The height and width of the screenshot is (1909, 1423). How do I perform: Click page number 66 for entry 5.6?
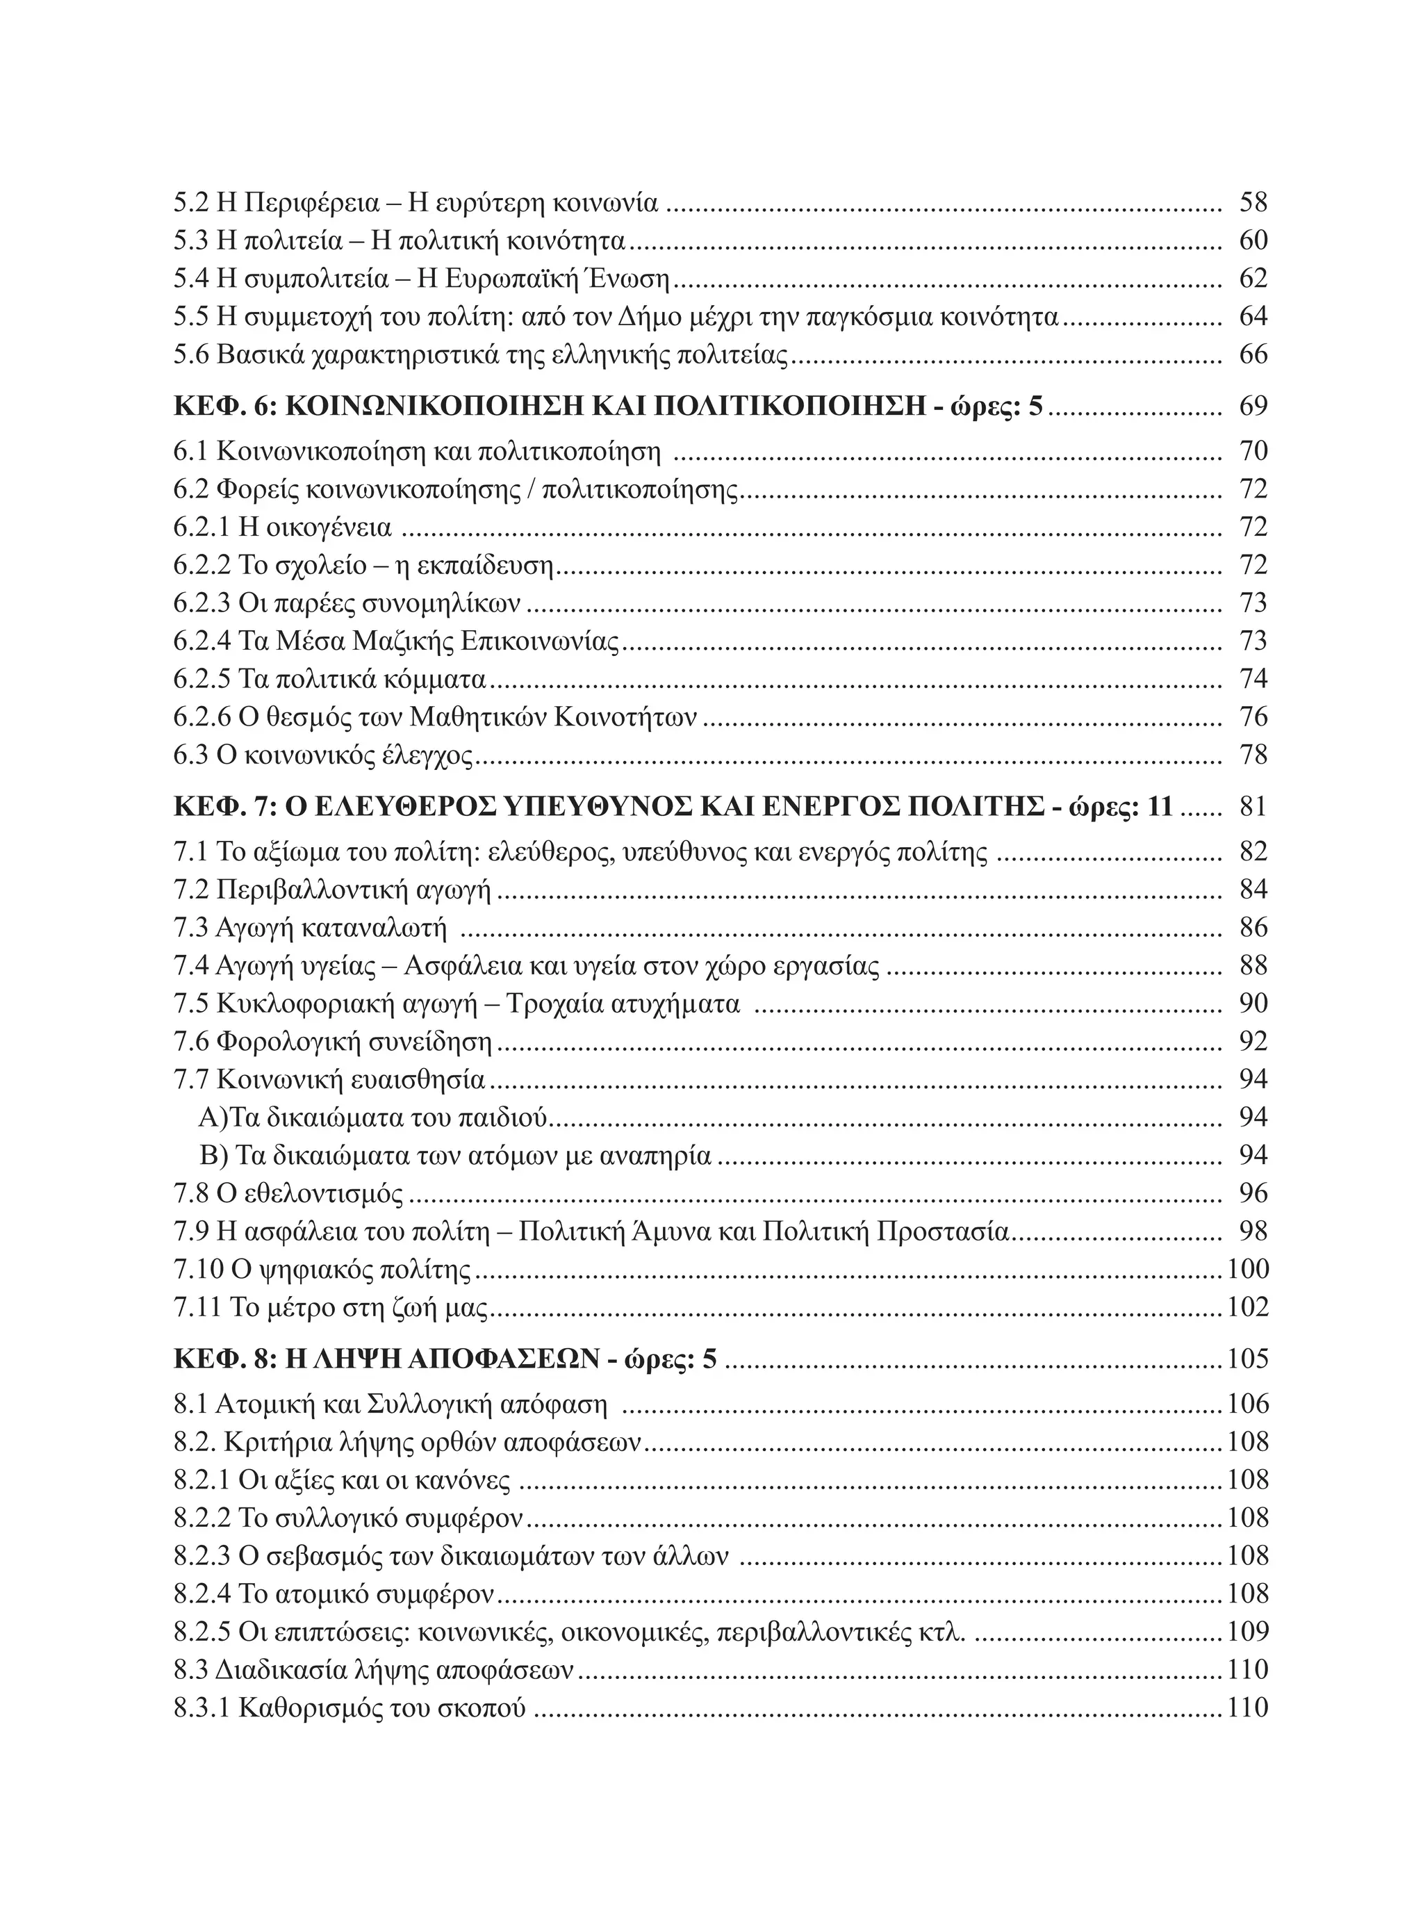1253,355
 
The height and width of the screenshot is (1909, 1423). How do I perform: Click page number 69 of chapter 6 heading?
1253,407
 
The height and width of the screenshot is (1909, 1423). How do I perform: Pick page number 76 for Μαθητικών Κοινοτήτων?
1253,716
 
